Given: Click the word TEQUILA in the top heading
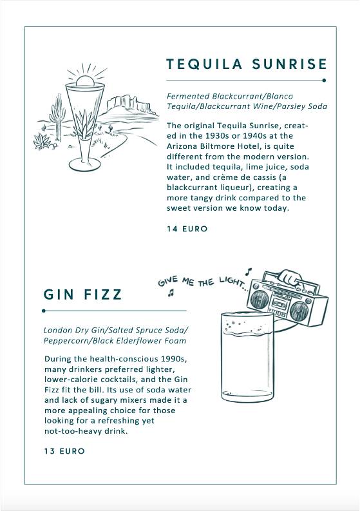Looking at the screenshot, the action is (x=204, y=64).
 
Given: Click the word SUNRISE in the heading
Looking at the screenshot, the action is (x=289, y=64).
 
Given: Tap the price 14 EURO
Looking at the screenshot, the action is (x=187, y=229).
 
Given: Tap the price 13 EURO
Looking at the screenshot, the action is (x=64, y=451).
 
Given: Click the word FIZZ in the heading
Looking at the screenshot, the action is (x=102, y=294).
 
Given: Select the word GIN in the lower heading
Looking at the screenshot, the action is (x=59, y=294).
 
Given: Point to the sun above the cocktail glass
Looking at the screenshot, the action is (x=86, y=80).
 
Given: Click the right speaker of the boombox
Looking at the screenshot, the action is (x=299, y=311).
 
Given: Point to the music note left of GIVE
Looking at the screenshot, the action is (x=171, y=293).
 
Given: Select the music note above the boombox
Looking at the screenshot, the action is (x=249, y=271).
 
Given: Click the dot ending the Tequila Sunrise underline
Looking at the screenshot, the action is (x=324, y=80).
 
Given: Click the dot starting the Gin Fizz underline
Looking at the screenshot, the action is (x=44, y=311).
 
